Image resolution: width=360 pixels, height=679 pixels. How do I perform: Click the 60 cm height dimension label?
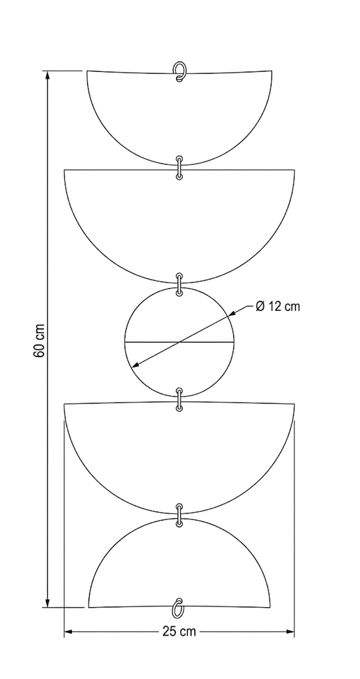tap(39, 340)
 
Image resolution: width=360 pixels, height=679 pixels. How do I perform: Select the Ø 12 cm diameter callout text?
tap(278, 306)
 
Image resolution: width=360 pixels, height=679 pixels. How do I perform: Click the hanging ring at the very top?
tap(179, 72)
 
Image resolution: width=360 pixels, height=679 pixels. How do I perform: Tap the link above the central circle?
tap(179, 285)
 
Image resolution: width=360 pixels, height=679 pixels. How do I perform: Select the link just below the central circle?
tap(179, 399)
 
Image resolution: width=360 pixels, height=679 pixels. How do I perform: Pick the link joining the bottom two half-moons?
tap(179, 515)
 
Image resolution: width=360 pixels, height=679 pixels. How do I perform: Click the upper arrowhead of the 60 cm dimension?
tap(47, 75)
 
